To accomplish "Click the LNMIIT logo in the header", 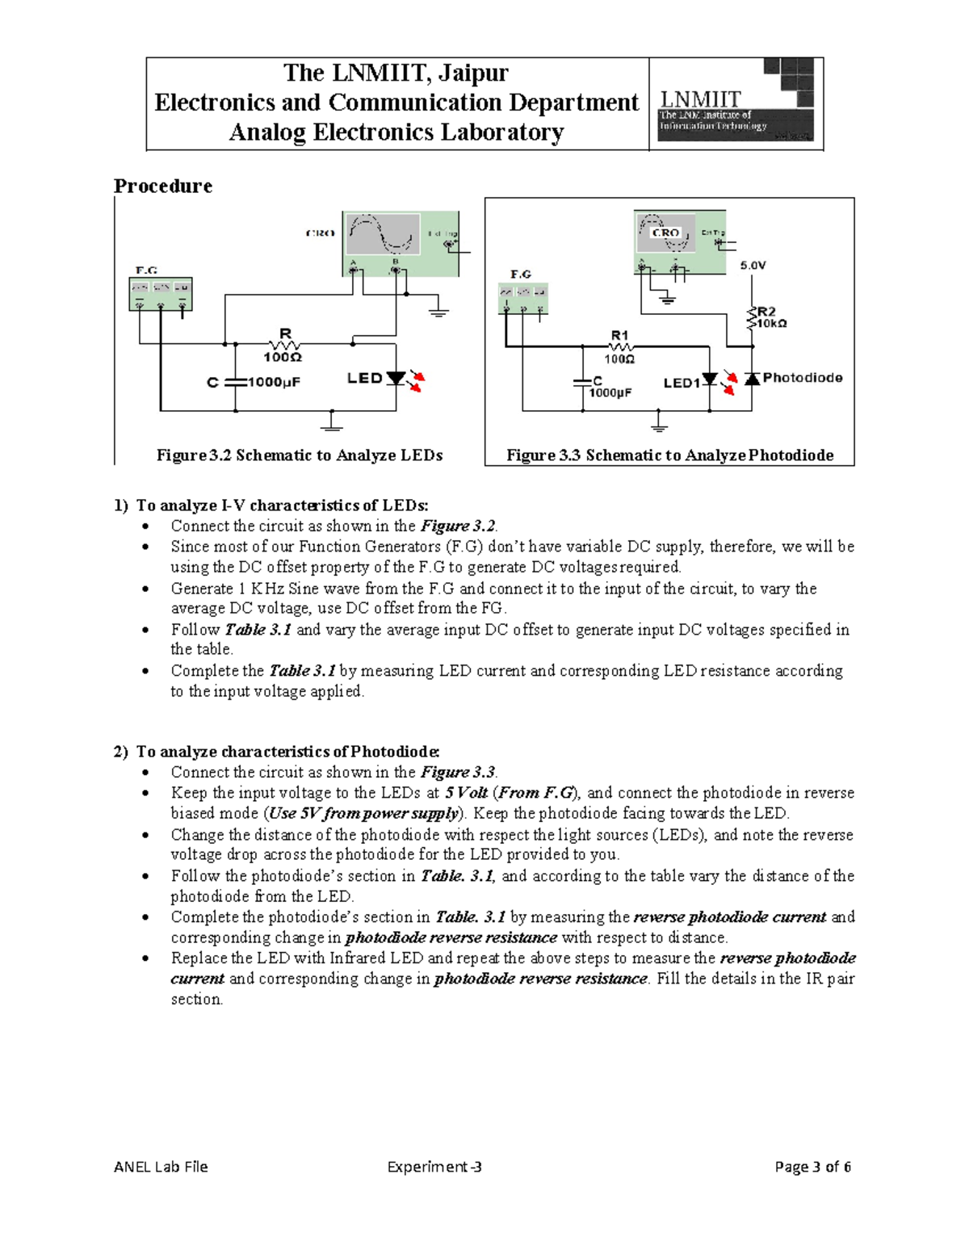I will click(x=736, y=103).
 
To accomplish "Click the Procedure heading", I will click(x=162, y=186).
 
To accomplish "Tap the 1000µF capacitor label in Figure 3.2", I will click(x=274, y=382).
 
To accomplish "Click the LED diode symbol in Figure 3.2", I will click(x=396, y=378).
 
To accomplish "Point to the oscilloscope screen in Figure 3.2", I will click(x=383, y=235).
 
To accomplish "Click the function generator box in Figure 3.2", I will click(x=161, y=293).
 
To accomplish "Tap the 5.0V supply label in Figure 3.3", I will click(x=753, y=265).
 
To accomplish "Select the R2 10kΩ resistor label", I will click(x=770, y=317).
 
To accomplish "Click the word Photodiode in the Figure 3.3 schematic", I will click(x=802, y=377).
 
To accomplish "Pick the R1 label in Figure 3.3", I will click(x=619, y=335).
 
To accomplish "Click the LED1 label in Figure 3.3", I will click(x=681, y=383).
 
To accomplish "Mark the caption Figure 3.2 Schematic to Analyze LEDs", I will click(x=300, y=455).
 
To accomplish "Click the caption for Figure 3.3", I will click(x=669, y=455).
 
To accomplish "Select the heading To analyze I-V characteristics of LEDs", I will click(x=282, y=505).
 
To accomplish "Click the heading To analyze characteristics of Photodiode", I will click(x=287, y=752).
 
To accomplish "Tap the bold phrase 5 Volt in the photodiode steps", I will click(x=466, y=793).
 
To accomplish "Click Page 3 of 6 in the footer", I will click(x=812, y=1166).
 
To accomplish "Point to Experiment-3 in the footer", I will click(x=434, y=1166).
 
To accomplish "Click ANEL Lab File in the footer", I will click(x=161, y=1166).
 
